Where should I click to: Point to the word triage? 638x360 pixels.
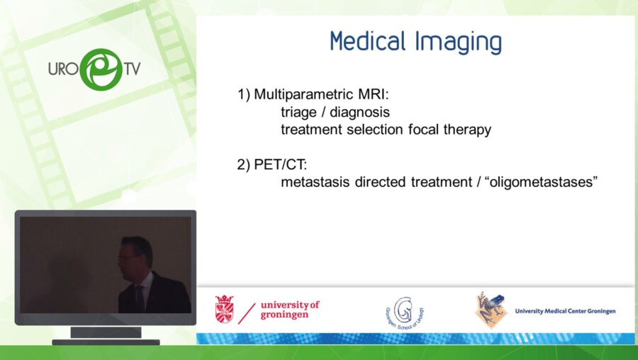coord(296,112)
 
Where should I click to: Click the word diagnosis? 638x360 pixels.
coord(359,112)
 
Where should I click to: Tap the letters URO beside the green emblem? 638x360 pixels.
coord(62,70)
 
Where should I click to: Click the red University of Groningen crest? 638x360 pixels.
coord(224,310)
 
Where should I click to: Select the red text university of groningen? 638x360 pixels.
coord(289,310)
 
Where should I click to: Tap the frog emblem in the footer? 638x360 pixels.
coord(491,310)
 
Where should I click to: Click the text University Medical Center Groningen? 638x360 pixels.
coord(565,311)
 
